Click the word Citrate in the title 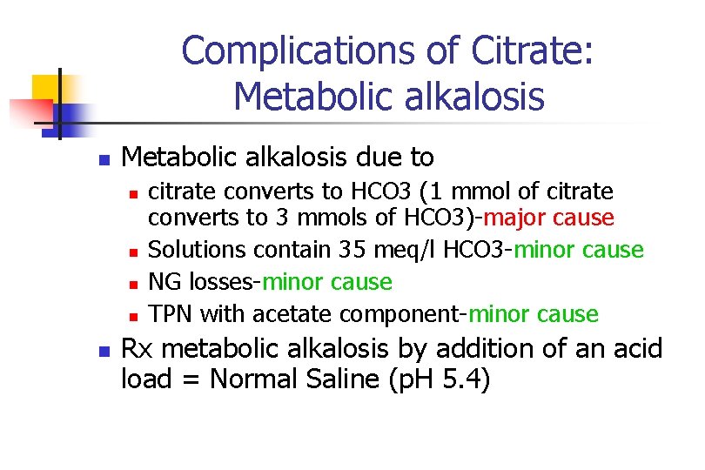[x=532, y=50]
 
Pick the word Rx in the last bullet [x=138, y=349]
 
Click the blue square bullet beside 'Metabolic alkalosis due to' [x=103, y=159]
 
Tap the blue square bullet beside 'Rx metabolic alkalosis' [x=103, y=351]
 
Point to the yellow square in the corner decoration [x=48, y=90]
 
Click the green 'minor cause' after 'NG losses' [x=327, y=282]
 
